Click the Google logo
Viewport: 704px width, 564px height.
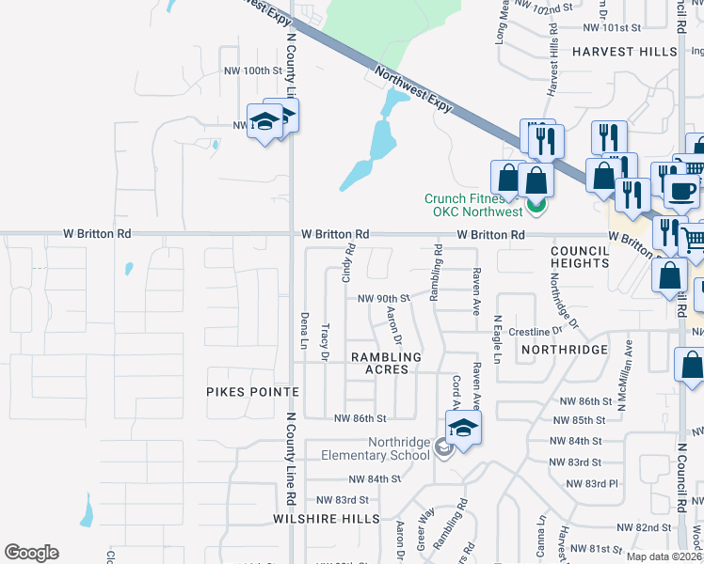coord(32,553)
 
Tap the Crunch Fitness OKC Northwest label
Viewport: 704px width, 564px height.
coord(472,205)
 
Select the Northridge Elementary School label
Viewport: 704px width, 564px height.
coord(388,449)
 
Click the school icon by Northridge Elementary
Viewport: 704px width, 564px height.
coord(462,429)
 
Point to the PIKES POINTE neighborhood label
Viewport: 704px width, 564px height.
coord(253,391)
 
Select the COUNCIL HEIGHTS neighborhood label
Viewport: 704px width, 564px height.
coord(581,258)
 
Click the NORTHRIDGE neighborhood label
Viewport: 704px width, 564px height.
coord(563,349)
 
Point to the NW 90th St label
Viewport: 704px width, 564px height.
coord(380,298)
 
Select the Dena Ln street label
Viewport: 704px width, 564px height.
coord(304,331)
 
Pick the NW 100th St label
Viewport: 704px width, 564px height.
coord(252,70)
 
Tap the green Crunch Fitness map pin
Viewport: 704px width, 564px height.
coord(536,205)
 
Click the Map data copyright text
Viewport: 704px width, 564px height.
coord(664,556)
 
